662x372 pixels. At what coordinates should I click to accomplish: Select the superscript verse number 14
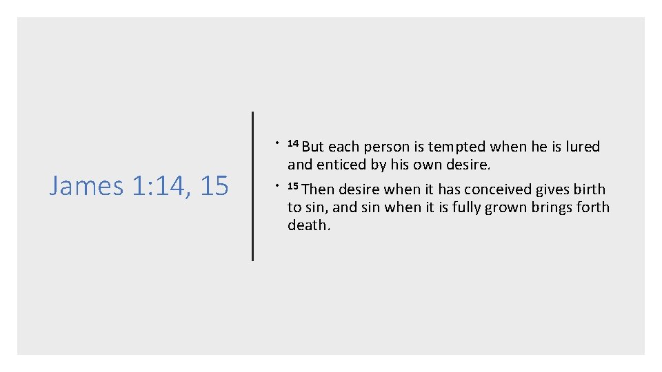(x=292, y=143)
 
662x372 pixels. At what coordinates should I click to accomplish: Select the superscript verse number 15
(x=292, y=186)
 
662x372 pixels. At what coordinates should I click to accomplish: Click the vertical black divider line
(x=252, y=186)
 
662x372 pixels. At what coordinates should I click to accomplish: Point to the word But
(x=313, y=147)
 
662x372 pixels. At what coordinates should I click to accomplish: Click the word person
(x=386, y=147)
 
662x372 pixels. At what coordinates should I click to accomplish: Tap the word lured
(x=583, y=147)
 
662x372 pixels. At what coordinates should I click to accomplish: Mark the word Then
(x=318, y=189)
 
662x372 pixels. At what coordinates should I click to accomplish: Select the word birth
(x=590, y=189)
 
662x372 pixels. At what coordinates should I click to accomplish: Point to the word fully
(x=474, y=207)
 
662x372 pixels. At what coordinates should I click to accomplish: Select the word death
(x=308, y=225)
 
